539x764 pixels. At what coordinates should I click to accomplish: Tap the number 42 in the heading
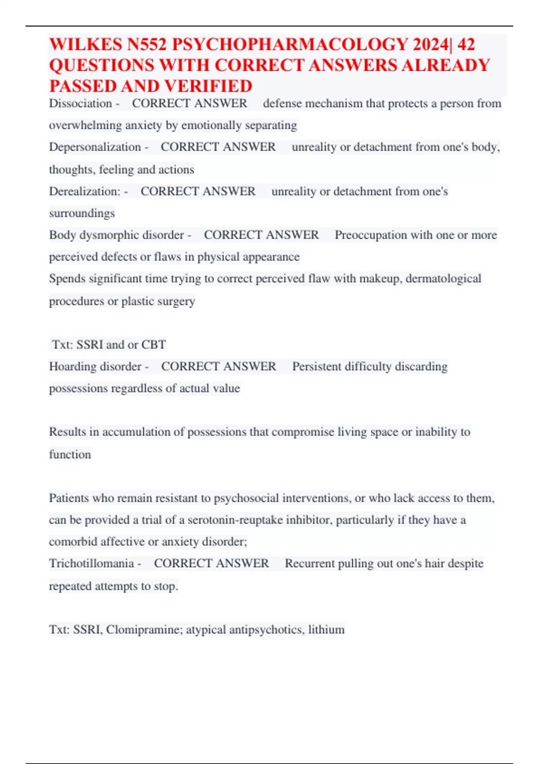(466, 44)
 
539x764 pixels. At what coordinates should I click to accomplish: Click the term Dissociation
(80, 103)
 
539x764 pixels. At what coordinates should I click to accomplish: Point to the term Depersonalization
(95, 147)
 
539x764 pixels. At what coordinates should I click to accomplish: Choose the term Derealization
(84, 191)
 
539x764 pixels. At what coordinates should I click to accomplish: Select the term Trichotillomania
(91, 564)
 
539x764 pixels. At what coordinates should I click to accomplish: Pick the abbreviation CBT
(154, 345)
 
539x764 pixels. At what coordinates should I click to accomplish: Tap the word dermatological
(443, 279)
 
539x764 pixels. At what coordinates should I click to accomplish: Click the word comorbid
(73, 542)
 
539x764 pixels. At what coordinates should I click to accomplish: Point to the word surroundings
(82, 213)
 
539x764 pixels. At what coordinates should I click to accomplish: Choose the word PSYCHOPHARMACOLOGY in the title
(290, 44)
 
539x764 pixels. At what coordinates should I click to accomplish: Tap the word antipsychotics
(265, 630)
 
